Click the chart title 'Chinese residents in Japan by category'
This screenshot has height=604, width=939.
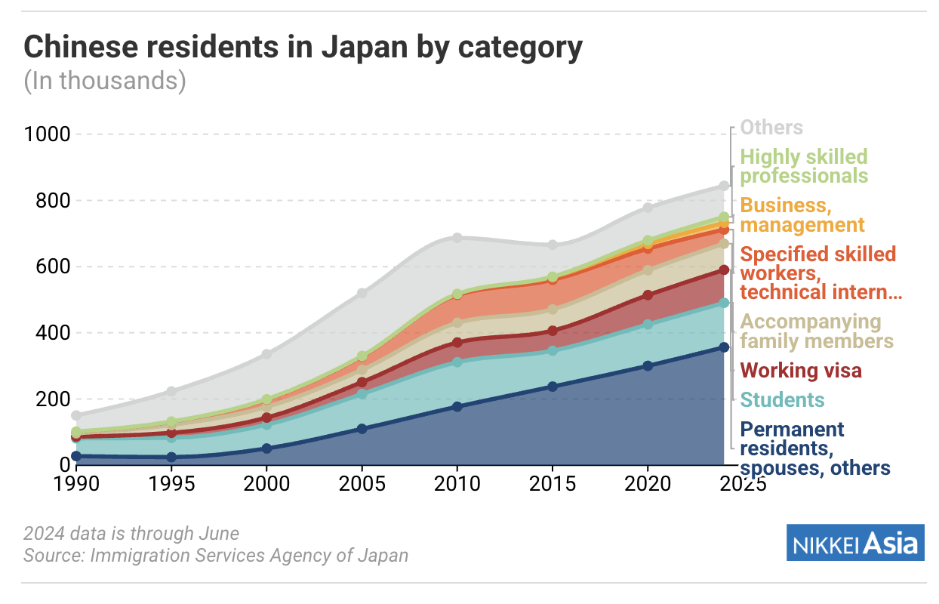(x=303, y=48)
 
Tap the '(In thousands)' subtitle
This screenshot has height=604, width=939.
(x=105, y=80)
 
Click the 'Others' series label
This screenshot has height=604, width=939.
(x=771, y=128)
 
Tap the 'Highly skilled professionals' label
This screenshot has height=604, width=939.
(x=804, y=166)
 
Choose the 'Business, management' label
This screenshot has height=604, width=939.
(x=802, y=215)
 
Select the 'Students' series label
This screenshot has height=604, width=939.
(x=782, y=399)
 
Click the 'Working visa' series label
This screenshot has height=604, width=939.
(x=801, y=371)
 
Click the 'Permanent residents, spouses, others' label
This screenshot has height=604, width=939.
(x=814, y=448)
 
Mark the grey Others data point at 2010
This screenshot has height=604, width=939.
(x=457, y=238)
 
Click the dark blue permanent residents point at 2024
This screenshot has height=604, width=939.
(x=723, y=347)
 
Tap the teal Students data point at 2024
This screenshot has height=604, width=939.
(x=723, y=303)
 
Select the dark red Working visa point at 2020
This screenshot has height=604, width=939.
(x=647, y=295)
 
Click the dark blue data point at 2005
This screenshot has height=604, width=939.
(x=362, y=429)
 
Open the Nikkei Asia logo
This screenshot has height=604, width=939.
(x=855, y=543)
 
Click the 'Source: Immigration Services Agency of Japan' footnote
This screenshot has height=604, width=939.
(x=216, y=556)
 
